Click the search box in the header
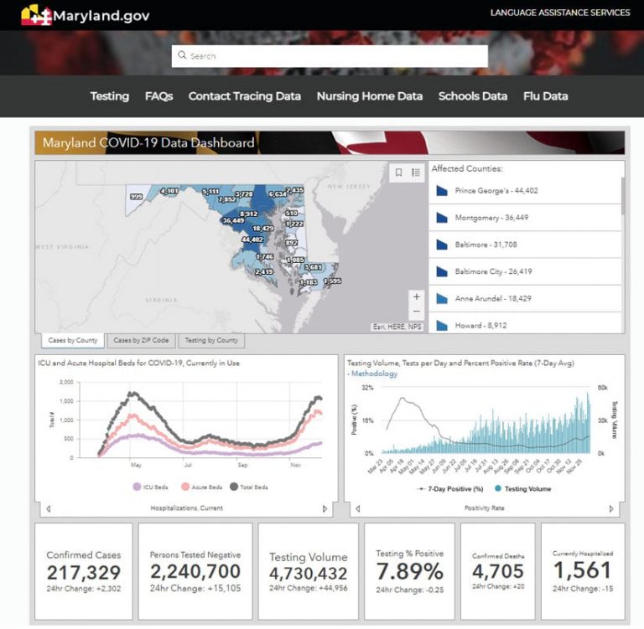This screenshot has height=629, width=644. pyautogui.click(x=330, y=56)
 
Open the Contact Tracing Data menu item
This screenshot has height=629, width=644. pyautogui.click(x=244, y=96)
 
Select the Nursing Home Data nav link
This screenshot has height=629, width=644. pyautogui.click(x=369, y=96)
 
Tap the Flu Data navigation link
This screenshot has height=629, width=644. pyautogui.click(x=545, y=96)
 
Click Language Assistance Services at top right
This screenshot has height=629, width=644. pyautogui.click(x=559, y=13)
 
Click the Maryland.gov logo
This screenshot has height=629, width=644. pyautogui.click(x=80, y=15)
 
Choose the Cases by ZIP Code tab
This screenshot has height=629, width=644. pyautogui.click(x=141, y=340)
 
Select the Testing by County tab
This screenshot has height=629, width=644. pyautogui.click(x=210, y=340)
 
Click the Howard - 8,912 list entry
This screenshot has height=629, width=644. pyautogui.click(x=480, y=325)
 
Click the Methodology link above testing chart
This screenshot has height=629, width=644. pyautogui.click(x=374, y=374)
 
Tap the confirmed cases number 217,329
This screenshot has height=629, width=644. pyautogui.click(x=84, y=573)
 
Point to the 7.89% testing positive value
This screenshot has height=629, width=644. pyautogui.click(x=409, y=571)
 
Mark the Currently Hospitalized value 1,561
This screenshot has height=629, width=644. pyautogui.click(x=582, y=570)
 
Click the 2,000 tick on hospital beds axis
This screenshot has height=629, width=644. pyautogui.click(x=66, y=382)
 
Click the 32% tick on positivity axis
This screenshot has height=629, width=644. pyautogui.click(x=367, y=388)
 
